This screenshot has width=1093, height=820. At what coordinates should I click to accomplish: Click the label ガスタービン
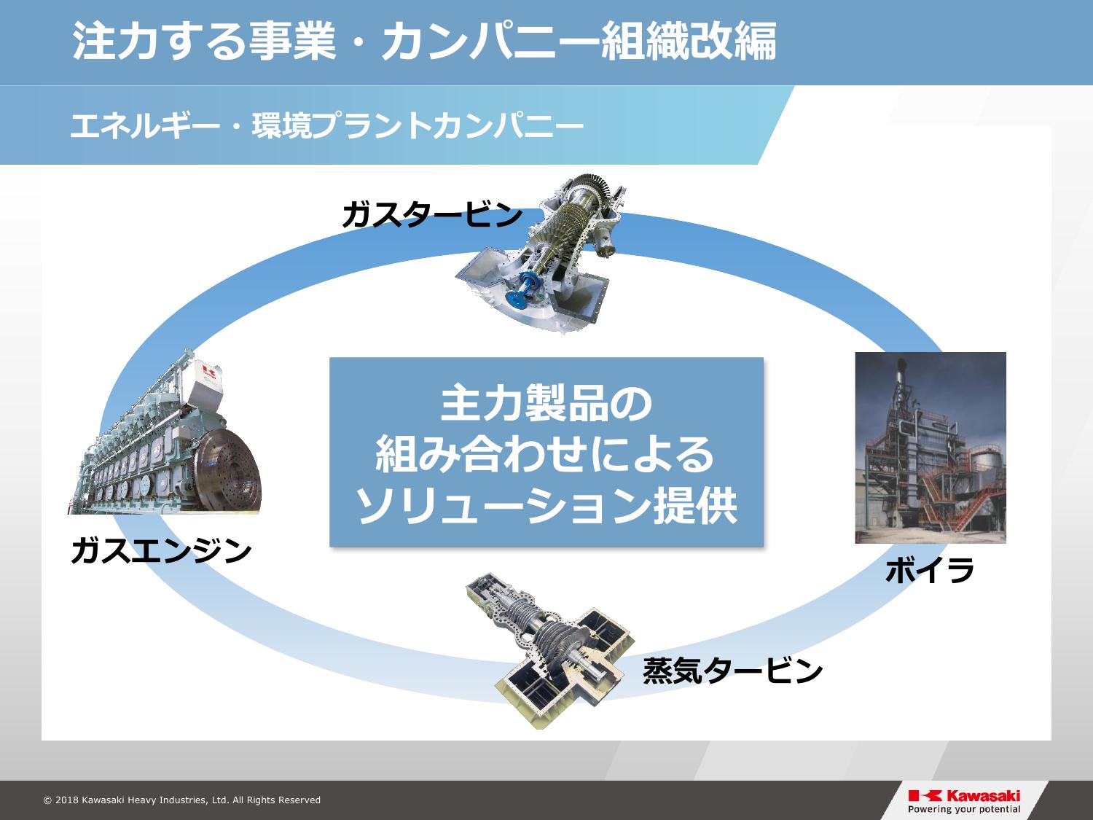[x=432, y=214]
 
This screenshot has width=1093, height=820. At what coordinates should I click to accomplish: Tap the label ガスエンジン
[x=161, y=550]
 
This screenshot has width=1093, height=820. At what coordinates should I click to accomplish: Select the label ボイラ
[x=930, y=570]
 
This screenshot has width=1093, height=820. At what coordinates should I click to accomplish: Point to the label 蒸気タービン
[x=732, y=670]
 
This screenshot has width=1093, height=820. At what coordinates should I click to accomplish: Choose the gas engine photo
[x=165, y=432]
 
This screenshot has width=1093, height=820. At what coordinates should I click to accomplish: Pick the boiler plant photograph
[x=931, y=448]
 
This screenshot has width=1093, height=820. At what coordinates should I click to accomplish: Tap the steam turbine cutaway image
[x=550, y=650]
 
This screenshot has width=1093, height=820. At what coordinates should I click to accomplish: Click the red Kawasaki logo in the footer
[x=964, y=796]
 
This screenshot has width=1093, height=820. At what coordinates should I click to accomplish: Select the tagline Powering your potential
[x=964, y=809]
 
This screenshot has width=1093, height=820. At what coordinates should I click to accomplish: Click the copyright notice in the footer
[x=182, y=800]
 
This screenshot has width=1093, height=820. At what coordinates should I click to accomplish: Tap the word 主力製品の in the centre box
[x=546, y=403]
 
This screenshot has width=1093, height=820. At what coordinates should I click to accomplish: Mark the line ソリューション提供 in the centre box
[x=546, y=505]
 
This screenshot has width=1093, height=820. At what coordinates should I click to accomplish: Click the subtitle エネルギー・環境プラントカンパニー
[x=327, y=125]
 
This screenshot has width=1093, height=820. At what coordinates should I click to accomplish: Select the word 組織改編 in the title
[x=689, y=41]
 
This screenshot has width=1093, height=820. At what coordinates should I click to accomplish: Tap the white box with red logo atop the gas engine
[x=205, y=381]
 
